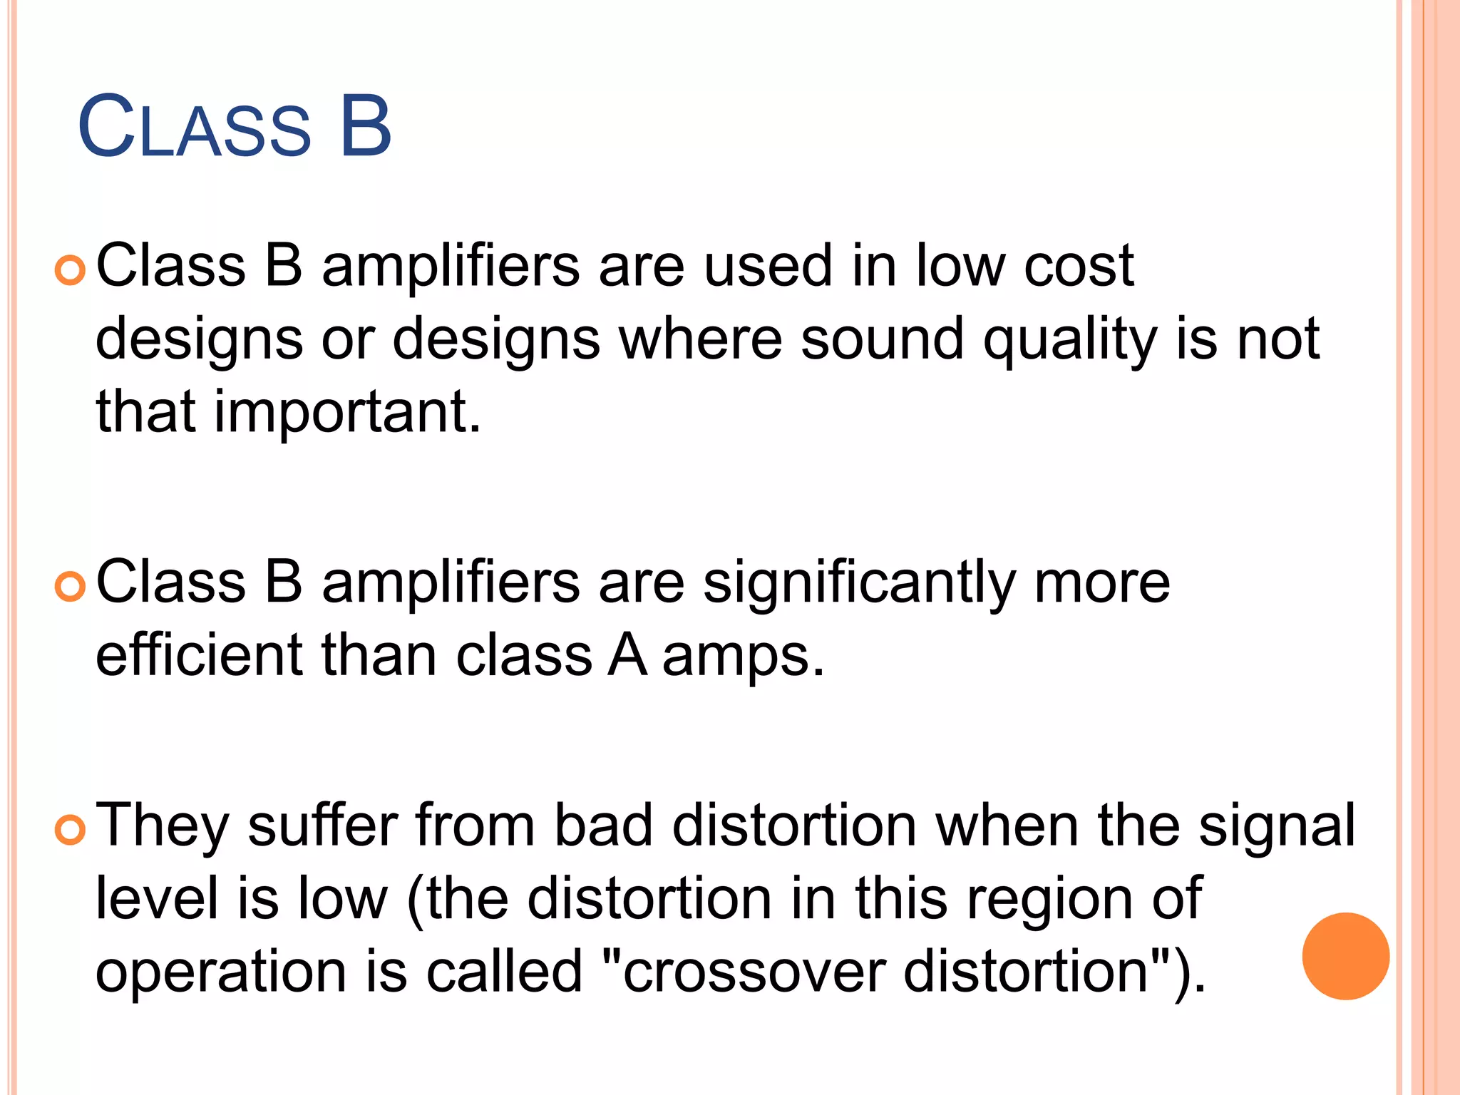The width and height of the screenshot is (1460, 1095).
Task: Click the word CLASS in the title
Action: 194,128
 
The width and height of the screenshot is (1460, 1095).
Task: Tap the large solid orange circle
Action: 1345,956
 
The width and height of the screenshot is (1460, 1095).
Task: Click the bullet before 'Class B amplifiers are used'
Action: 70,272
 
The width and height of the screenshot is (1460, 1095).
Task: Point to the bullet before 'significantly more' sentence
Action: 70,587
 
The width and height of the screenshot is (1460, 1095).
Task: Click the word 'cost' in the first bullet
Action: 1079,267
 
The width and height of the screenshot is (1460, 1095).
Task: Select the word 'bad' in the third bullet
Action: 604,827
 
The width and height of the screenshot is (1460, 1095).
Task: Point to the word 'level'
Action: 157,900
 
